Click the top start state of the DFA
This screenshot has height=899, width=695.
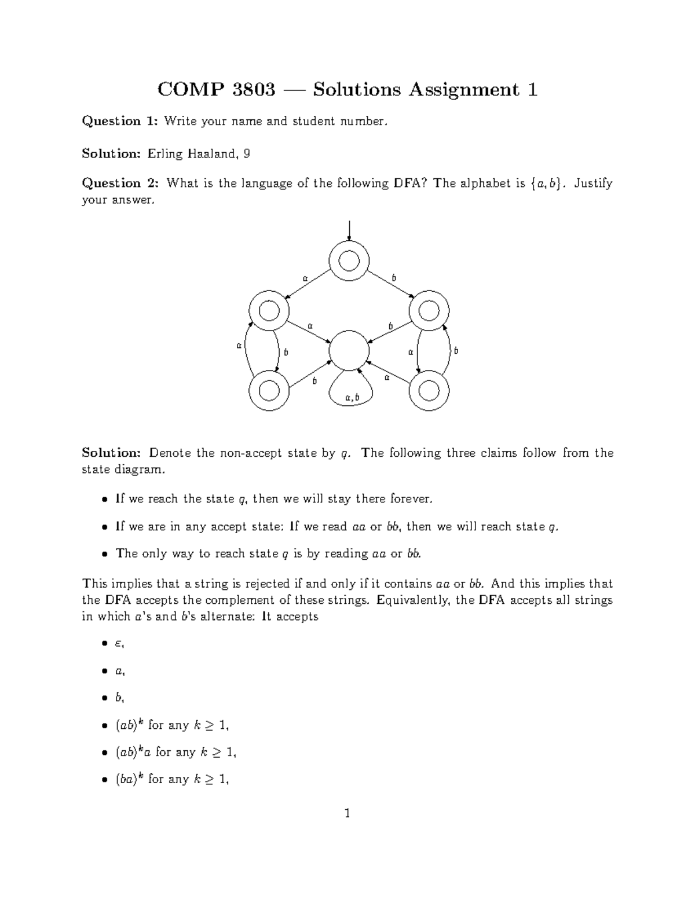point(349,262)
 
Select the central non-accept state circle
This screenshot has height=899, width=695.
point(349,351)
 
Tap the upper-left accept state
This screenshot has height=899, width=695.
point(268,311)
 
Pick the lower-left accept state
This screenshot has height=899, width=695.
point(268,391)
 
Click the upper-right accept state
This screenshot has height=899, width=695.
point(429,311)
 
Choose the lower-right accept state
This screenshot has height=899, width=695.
point(429,391)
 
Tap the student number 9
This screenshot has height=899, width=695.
point(247,153)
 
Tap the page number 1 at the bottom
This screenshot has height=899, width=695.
point(347,814)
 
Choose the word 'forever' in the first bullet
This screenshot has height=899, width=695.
point(411,499)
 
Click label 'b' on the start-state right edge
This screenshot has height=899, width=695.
point(394,278)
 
